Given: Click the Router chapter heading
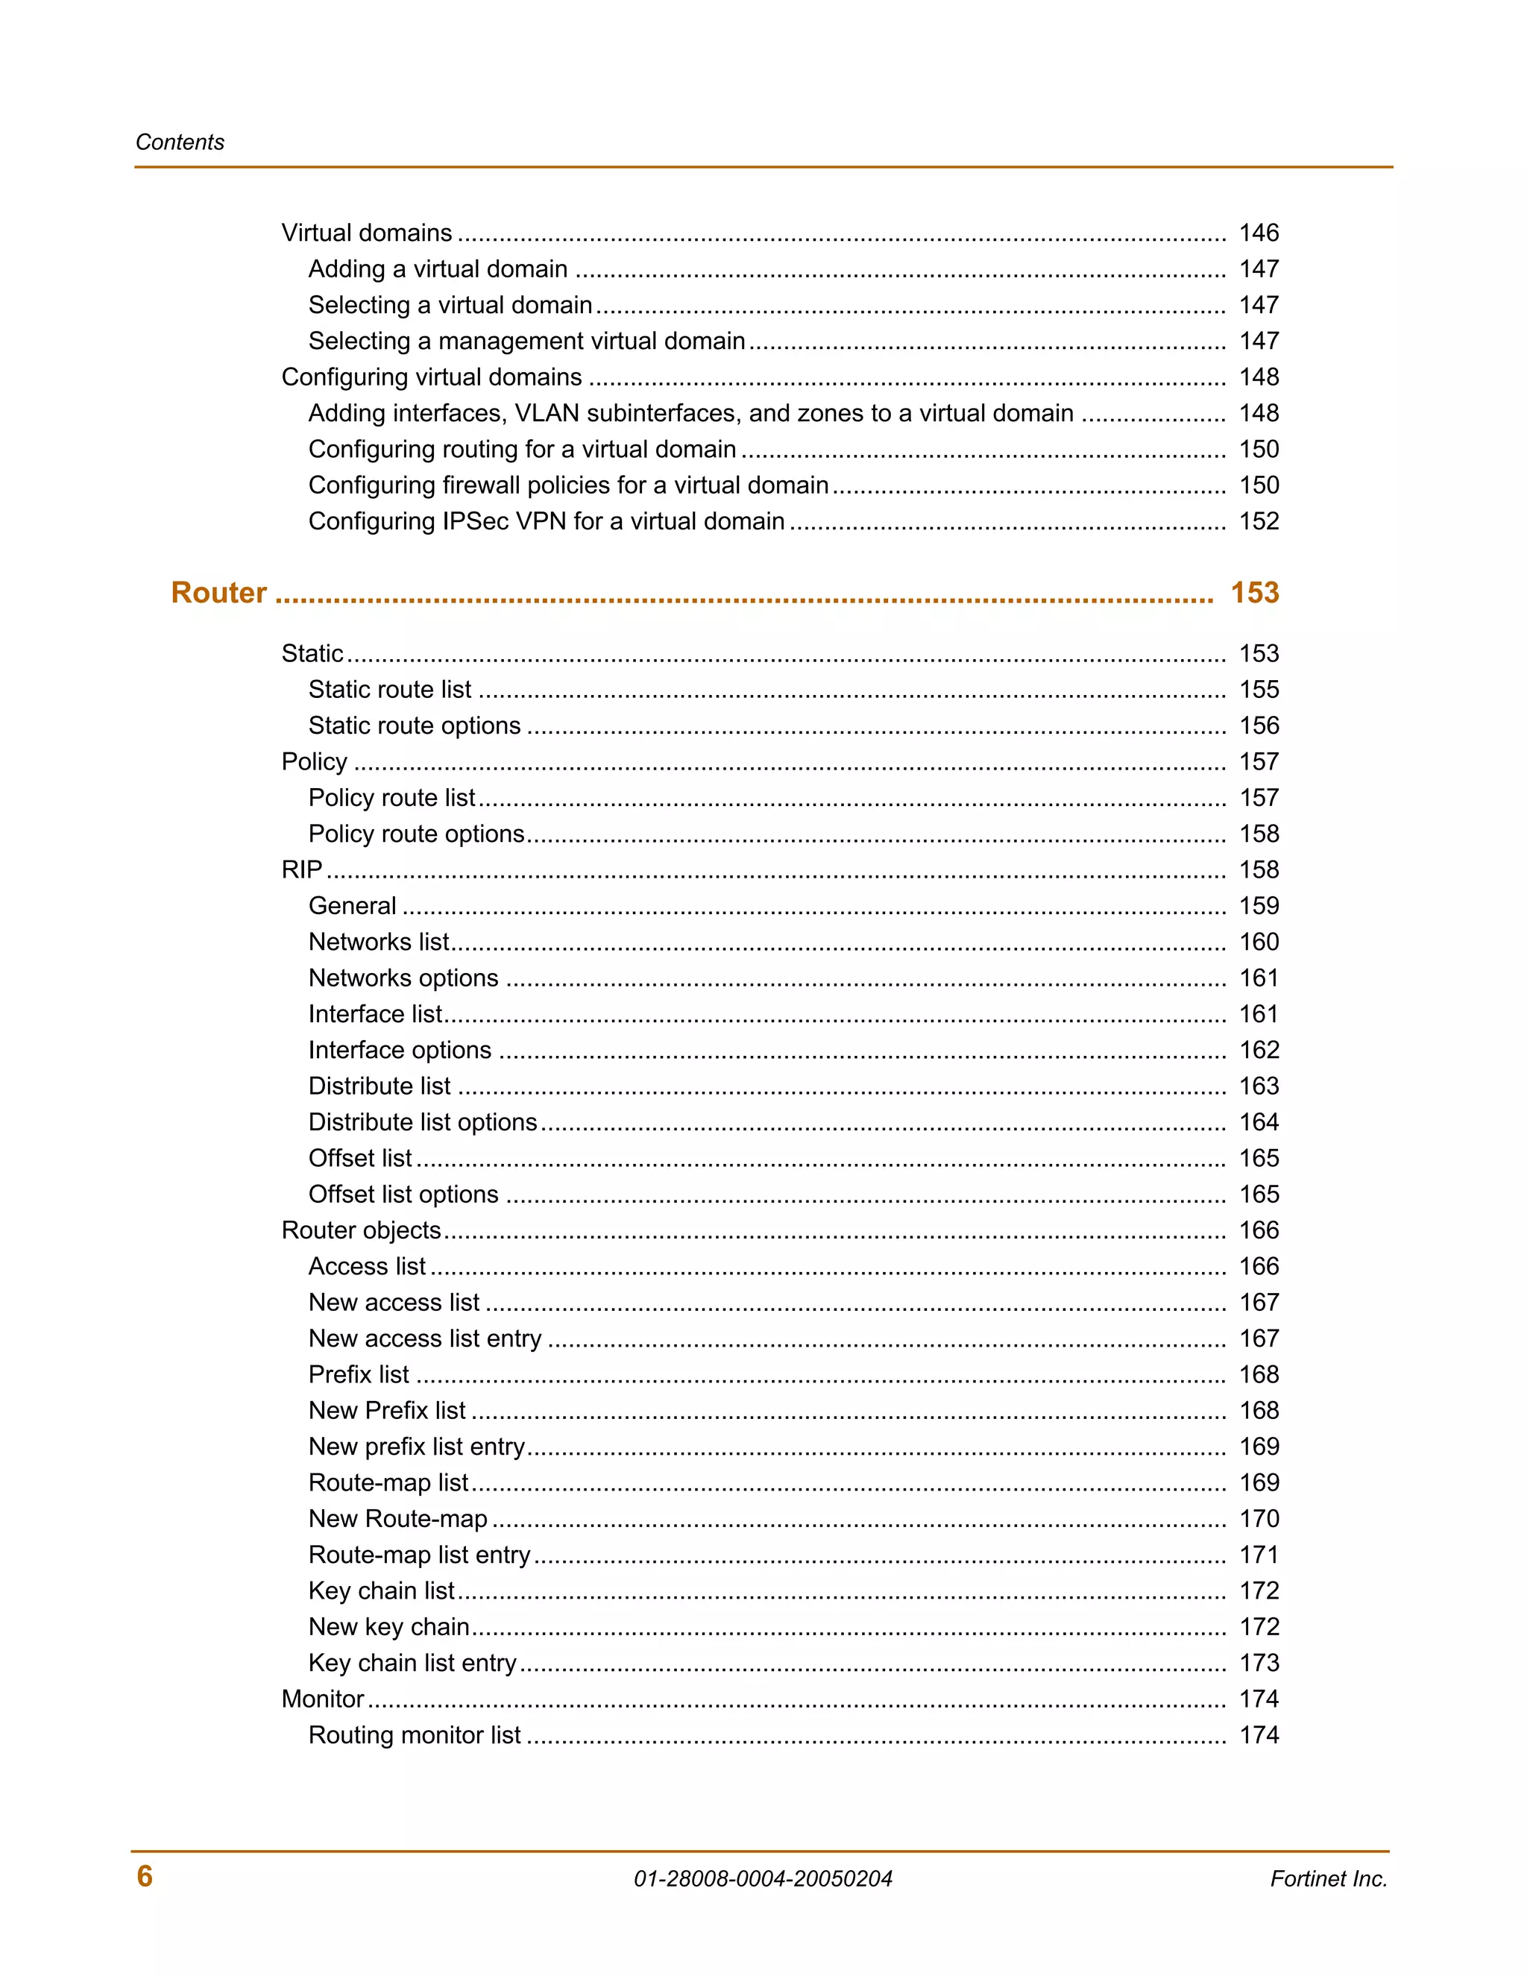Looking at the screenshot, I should coord(219,593).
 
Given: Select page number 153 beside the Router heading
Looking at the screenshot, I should coord(1254,593).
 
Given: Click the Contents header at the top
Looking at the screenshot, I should coord(180,142).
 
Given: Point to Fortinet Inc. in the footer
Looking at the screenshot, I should coord(1328,1878).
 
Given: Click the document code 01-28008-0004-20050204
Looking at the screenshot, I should coord(763,1878).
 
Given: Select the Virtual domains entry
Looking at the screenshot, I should coord(366,233).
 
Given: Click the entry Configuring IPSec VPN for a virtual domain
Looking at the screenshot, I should coord(547,521).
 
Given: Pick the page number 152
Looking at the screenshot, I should coord(1259,521).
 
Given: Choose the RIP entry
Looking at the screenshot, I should coord(302,869).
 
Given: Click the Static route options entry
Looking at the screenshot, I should coord(415,726).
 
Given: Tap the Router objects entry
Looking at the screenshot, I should coord(361,1230).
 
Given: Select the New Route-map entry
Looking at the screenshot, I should coord(398,1518).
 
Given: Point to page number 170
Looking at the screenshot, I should coord(1259,1518).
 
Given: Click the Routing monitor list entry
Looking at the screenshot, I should coord(415,1734).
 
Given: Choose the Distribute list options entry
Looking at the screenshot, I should coord(423,1122).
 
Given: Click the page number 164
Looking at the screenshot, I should coord(1259,1122).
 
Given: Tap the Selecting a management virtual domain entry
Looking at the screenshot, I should coord(526,341).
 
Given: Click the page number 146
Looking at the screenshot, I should coord(1259,233).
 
